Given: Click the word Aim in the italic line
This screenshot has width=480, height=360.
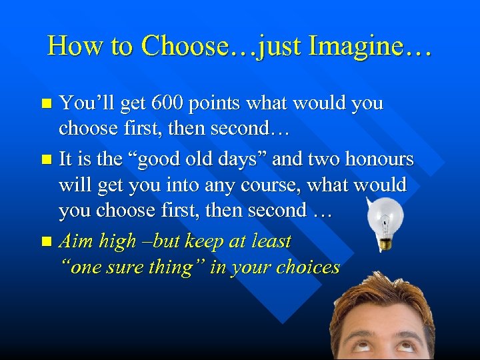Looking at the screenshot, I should (75, 240).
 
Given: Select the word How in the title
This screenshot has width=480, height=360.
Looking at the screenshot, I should (67, 46).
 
